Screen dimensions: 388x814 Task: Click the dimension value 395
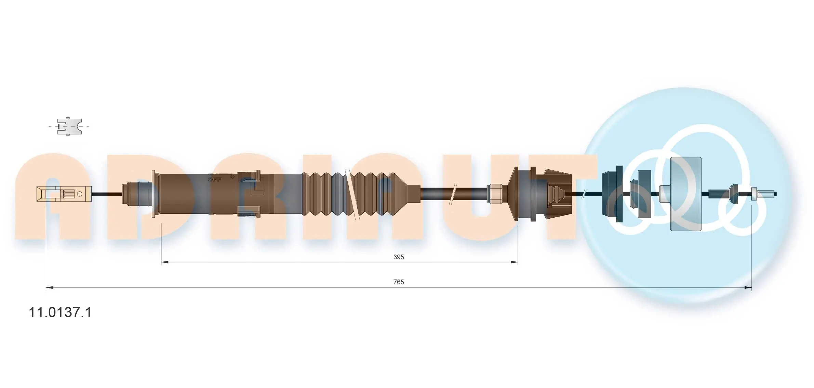point(398,257)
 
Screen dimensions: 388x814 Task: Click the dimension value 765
point(398,282)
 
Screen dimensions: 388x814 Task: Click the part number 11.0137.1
point(60,312)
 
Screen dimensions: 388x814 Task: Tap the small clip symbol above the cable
point(69,127)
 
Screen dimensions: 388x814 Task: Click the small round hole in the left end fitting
point(80,194)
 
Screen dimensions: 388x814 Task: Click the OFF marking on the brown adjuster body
point(215,179)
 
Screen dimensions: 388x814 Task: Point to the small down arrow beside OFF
point(232,177)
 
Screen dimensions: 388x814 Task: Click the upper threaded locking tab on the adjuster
point(249,175)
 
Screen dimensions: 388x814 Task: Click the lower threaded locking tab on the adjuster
point(249,212)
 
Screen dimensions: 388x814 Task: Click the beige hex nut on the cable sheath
point(495,194)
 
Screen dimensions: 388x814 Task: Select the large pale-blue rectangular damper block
point(685,194)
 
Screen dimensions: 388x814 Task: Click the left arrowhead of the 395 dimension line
point(164,262)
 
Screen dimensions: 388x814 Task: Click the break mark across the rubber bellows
point(352,194)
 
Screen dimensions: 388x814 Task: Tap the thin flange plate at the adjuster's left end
point(154,194)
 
